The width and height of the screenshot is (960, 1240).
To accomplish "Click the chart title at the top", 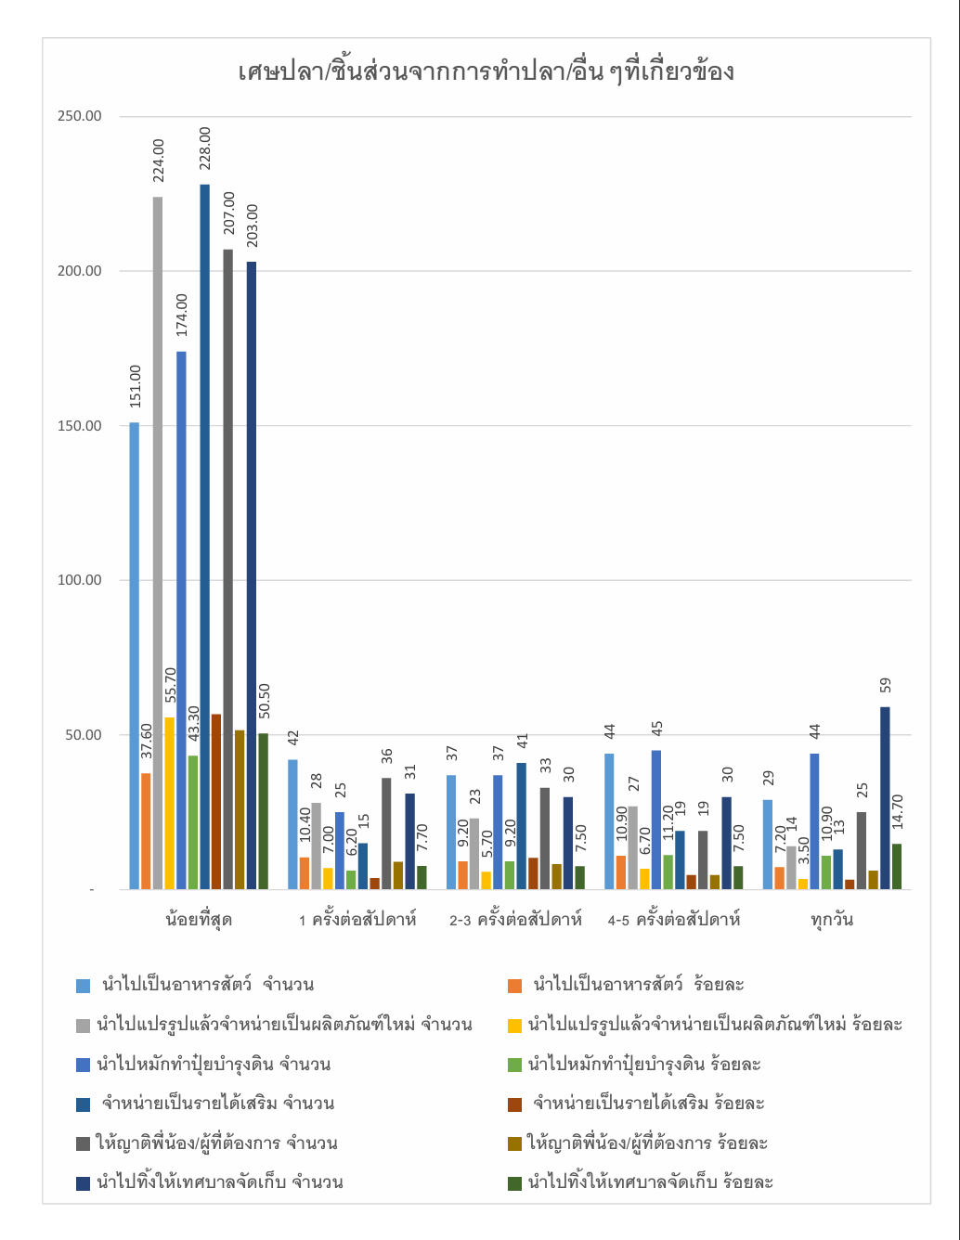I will (x=486, y=72).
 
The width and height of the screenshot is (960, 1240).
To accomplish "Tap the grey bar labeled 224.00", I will (x=158, y=543).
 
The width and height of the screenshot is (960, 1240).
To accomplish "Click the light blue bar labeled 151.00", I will (x=135, y=655).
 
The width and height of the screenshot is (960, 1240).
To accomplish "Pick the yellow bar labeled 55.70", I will (x=169, y=803).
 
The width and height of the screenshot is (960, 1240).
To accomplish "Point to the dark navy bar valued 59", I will (x=885, y=798).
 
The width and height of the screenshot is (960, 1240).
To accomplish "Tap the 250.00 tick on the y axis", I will (x=80, y=116).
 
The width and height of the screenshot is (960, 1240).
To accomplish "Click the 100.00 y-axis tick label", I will (x=80, y=580).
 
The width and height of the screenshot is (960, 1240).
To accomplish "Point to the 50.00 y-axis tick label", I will (x=84, y=735).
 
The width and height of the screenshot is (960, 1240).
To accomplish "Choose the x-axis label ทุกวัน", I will (x=831, y=920).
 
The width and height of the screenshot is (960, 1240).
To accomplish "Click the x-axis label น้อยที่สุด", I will (x=199, y=920).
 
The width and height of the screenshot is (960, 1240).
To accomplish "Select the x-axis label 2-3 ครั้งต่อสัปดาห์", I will (x=515, y=920).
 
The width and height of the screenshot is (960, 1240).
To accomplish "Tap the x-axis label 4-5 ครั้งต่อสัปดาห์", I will (x=674, y=920).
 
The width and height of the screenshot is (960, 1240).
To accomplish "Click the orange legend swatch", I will (x=515, y=986).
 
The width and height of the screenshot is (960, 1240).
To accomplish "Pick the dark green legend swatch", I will (x=515, y=1183).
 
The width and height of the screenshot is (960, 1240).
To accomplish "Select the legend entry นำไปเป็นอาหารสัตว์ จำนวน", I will (x=208, y=985).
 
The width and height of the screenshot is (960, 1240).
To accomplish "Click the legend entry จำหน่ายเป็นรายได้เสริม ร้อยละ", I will (x=648, y=1104).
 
